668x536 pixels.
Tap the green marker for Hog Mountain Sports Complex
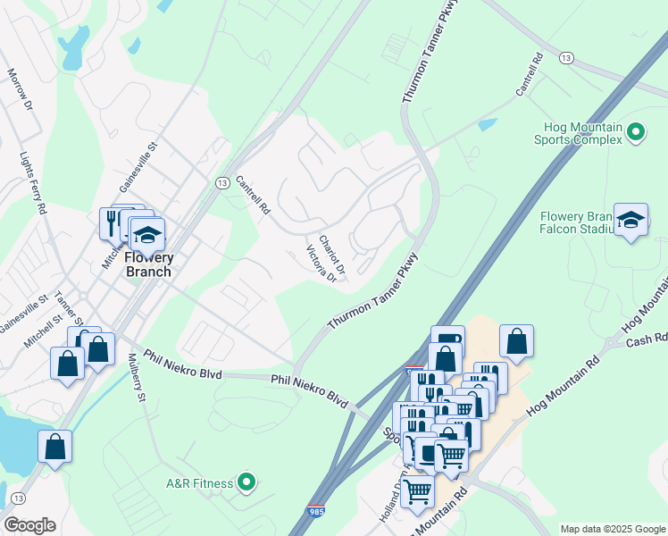pyautogui.click(x=636, y=132)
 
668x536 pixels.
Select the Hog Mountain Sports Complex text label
pyautogui.click(x=578, y=133)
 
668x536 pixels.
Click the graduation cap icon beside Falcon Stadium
pyautogui.click(x=630, y=222)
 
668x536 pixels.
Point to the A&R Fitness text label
pyautogui.click(x=199, y=483)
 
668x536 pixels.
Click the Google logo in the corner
pyautogui.click(x=29, y=525)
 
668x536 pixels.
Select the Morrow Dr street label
pyautogui.click(x=20, y=89)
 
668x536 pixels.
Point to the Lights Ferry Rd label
pyautogui.click(x=33, y=183)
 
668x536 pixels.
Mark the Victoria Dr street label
pyautogui.click(x=320, y=264)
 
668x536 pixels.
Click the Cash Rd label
pyautogui.click(x=654, y=338)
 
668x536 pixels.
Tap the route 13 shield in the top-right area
pyautogui.click(x=566, y=57)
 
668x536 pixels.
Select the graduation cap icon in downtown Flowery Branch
pyautogui.click(x=147, y=236)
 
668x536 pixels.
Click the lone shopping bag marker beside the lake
pyautogui.click(x=55, y=448)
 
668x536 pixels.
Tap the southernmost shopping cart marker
pyautogui.click(x=417, y=490)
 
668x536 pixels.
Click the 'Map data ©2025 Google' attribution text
pyautogui.click(x=613, y=529)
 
